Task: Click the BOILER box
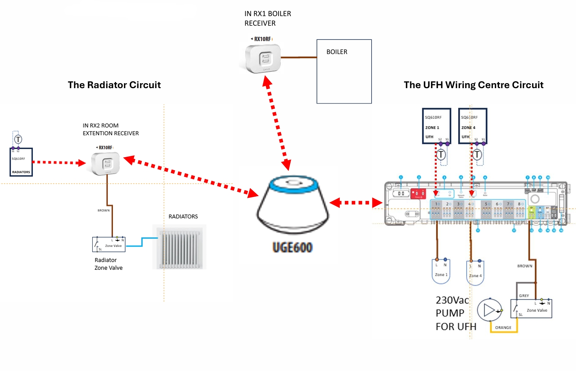tap(344, 71)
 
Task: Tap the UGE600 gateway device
tap(293, 205)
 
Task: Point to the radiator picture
tap(179, 247)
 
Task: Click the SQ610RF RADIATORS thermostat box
tap(21, 162)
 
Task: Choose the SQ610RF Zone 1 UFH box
tap(437, 126)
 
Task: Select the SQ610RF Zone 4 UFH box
tap(473, 126)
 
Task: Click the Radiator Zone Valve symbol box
tap(109, 244)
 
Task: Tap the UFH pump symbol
tap(489, 310)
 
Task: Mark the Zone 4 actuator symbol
tap(475, 273)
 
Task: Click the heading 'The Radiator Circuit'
tap(114, 85)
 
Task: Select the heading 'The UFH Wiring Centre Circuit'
tap(473, 85)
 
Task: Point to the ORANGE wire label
tap(503, 328)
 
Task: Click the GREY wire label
tap(524, 296)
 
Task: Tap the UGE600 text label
tap(292, 248)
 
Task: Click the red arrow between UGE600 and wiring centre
tap(356, 203)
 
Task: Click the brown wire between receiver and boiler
tap(299, 57)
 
